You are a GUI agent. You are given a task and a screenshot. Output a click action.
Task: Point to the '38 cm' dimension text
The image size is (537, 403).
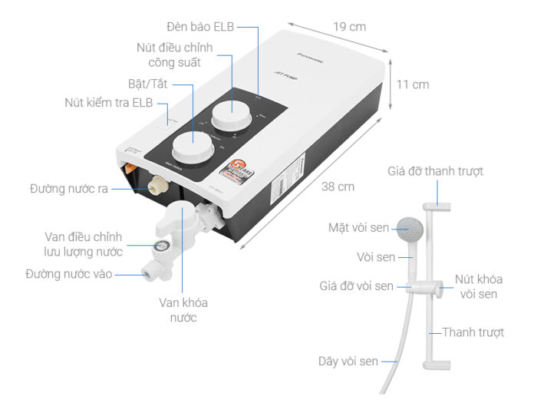338,186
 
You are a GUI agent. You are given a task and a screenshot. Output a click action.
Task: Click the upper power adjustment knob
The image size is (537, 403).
229,115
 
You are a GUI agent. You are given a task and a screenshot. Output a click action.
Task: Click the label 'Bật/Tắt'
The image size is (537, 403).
147,83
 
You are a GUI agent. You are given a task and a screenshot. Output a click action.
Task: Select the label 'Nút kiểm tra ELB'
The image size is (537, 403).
109,104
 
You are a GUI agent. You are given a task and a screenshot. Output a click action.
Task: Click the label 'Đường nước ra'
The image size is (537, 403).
68,187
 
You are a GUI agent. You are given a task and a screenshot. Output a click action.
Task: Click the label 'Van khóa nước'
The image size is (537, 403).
183,309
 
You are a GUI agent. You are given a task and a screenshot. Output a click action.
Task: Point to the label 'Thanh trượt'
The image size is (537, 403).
473,332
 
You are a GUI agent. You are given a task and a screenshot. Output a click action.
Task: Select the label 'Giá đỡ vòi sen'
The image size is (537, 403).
357,286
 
